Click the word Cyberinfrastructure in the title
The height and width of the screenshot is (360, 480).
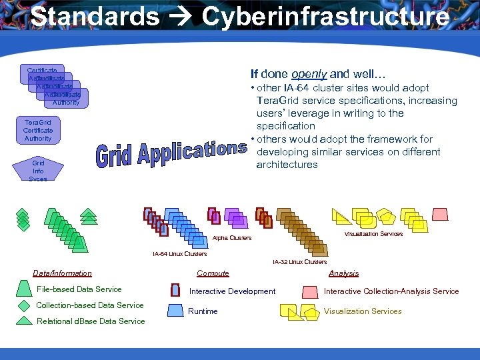(325, 17)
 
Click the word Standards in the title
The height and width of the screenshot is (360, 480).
(95, 17)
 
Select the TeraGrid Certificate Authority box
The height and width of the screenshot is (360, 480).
(38, 131)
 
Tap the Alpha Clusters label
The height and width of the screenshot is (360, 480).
(232, 238)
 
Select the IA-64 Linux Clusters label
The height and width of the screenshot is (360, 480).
(179, 253)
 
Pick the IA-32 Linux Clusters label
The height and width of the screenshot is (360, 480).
(299, 262)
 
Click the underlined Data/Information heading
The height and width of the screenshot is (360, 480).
(63, 273)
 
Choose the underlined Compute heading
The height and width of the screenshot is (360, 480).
(213, 273)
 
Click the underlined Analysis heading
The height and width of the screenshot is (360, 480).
(343, 273)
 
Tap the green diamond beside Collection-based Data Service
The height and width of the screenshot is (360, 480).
(24, 305)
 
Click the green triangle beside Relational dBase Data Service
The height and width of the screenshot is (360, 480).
(24, 321)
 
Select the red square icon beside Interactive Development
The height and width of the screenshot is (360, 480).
(175, 291)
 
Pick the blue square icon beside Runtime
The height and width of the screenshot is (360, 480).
(175, 310)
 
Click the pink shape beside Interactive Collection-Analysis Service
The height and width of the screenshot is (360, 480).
(310, 291)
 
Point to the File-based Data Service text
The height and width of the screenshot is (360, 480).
(79, 289)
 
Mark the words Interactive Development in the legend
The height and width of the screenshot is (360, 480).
(232, 291)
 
